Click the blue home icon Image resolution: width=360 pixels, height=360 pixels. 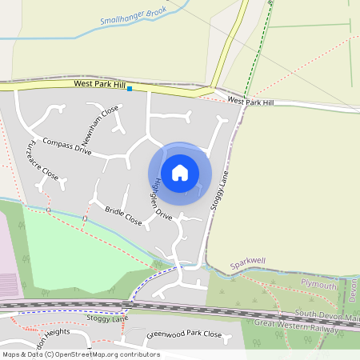[180, 172]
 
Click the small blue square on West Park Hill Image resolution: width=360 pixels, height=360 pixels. [130, 89]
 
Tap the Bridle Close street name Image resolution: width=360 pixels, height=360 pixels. [123, 216]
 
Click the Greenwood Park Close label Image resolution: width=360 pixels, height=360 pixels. [184, 334]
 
